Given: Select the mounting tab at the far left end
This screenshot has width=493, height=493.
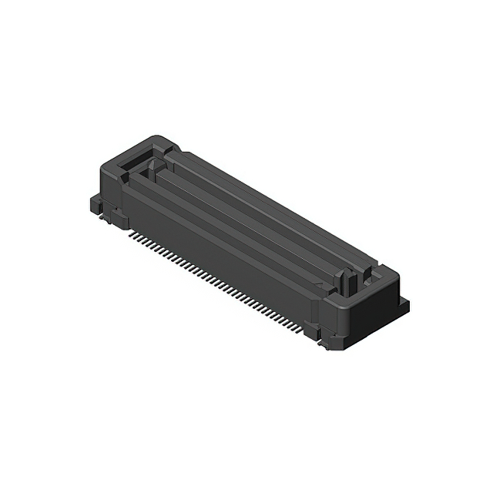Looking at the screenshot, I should point(96,203).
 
